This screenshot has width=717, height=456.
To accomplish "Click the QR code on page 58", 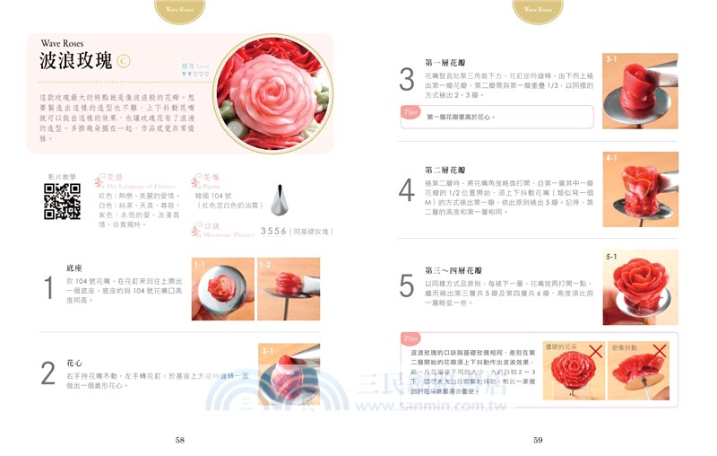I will [62, 201].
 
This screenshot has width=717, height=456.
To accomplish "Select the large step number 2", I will [49, 373].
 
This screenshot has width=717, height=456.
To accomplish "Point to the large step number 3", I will [407, 79].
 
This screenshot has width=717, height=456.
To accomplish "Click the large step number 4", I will [407, 190].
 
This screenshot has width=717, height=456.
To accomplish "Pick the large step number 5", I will [407, 285].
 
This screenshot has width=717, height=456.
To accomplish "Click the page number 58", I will [180, 440].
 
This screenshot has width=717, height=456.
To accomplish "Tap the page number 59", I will [538, 440].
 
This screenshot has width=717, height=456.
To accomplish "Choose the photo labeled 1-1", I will [222, 289].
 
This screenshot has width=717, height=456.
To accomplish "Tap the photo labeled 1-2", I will [288, 289].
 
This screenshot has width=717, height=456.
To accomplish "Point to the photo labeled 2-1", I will [289, 373].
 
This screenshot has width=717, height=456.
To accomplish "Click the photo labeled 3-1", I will [640, 91].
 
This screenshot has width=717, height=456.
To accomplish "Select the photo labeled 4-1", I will [640, 189].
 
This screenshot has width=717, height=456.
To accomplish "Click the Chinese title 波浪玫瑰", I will [76, 61].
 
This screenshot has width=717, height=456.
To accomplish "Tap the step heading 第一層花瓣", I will [445, 64].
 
